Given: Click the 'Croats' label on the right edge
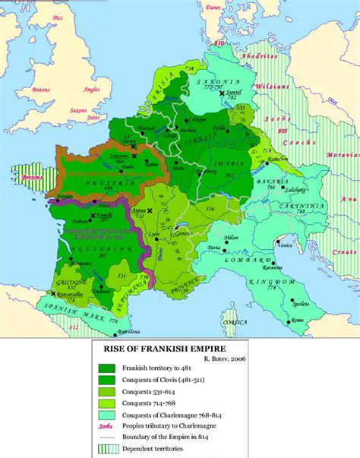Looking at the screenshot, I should point(347,251).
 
